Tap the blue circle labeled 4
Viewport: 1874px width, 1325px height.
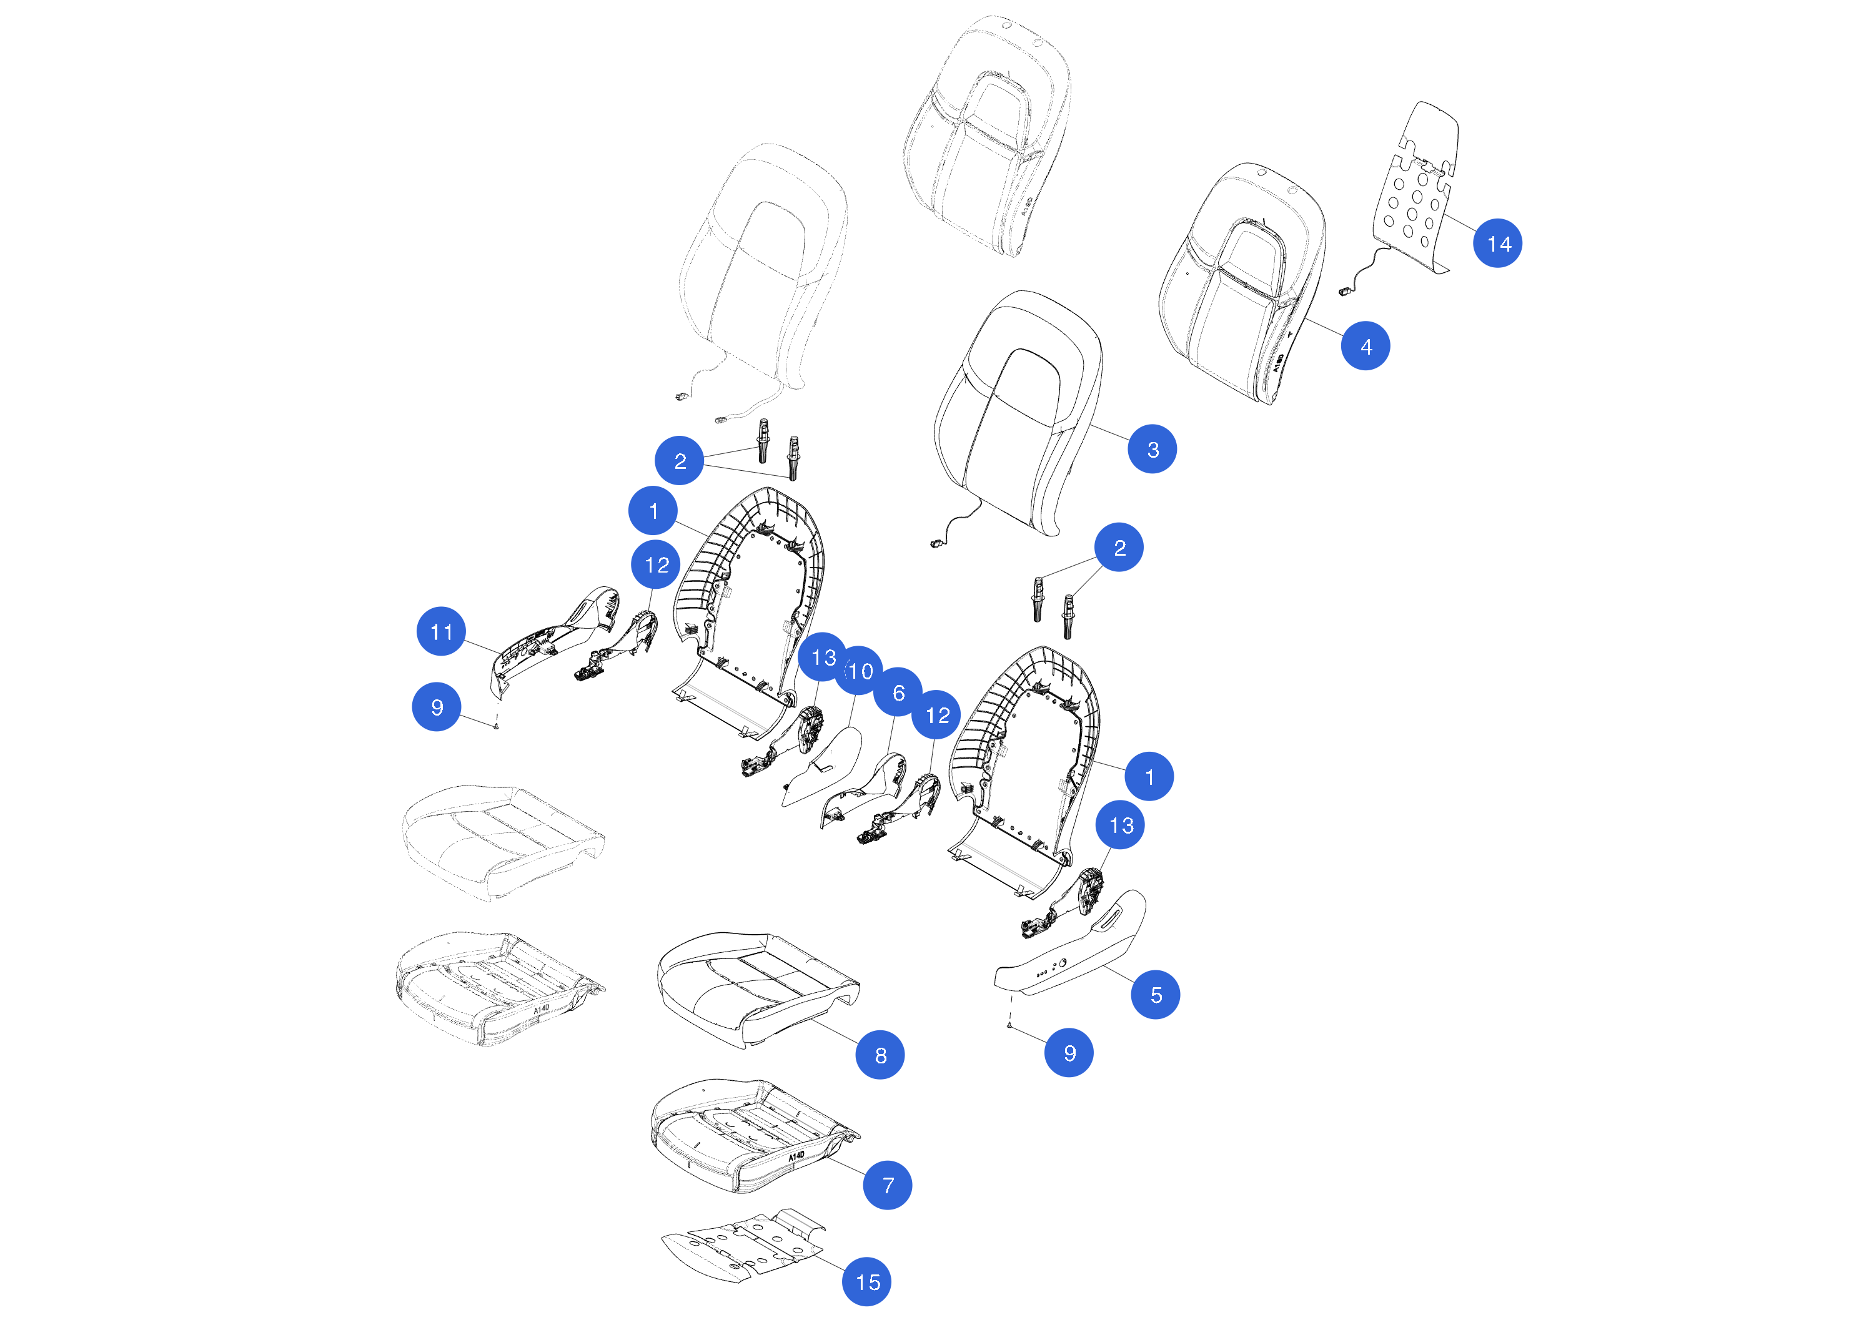(1366, 346)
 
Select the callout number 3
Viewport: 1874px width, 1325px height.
(1152, 449)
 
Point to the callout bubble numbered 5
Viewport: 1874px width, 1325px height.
(1155, 995)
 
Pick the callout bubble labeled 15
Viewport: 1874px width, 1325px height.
(867, 1282)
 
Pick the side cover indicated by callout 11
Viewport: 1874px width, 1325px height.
(555, 641)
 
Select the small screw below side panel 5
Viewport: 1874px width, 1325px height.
(1009, 1025)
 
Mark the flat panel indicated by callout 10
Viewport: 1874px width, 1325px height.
(823, 767)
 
